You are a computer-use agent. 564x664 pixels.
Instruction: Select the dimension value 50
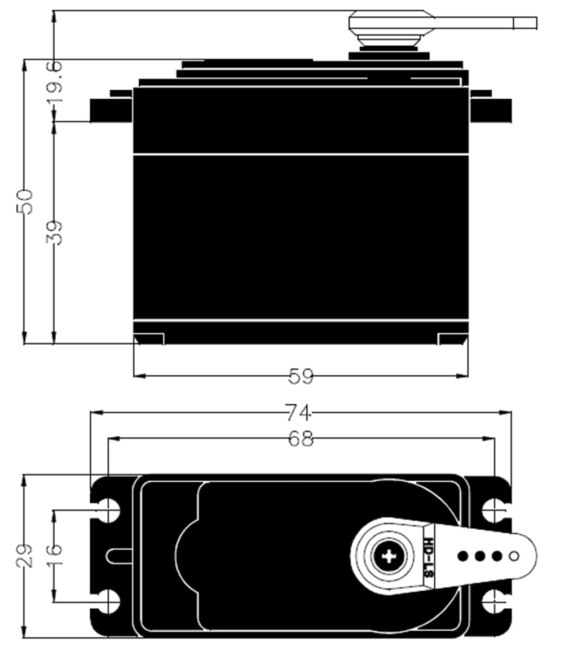click(25, 202)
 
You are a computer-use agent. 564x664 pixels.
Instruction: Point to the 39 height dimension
click(55, 232)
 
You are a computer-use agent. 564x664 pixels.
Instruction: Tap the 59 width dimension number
click(301, 376)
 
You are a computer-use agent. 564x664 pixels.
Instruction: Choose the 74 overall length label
click(298, 414)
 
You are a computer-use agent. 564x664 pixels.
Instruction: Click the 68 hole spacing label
click(301, 439)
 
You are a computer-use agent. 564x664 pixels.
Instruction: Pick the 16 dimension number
click(55, 556)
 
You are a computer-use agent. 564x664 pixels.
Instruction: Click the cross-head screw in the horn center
click(389, 556)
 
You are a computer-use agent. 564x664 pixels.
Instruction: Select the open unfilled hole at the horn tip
click(514, 556)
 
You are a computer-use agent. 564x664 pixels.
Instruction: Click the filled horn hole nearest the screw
click(463, 556)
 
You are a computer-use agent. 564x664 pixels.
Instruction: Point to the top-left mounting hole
click(107, 511)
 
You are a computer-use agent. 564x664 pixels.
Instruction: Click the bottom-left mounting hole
click(107, 602)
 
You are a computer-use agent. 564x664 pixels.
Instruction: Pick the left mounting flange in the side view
click(111, 110)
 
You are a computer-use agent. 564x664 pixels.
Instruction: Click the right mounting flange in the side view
click(491, 110)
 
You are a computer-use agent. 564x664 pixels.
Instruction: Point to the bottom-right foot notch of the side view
click(452, 338)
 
